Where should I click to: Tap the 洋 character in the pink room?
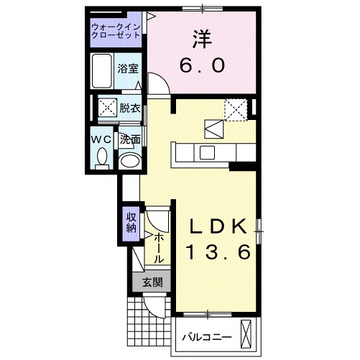(x=200, y=38)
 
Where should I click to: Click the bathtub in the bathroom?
(x=103, y=71)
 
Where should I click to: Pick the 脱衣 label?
(x=129, y=109)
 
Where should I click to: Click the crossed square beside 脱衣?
(x=108, y=109)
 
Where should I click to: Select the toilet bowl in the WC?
(x=101, y=156)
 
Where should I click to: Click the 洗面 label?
(x=129, y=139)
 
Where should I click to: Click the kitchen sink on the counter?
(x=206, y=152)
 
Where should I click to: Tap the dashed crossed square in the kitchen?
(x=235, y=110)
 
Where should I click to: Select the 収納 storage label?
(x=131, y=223)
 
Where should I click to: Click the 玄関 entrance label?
(x=151, y=282)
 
